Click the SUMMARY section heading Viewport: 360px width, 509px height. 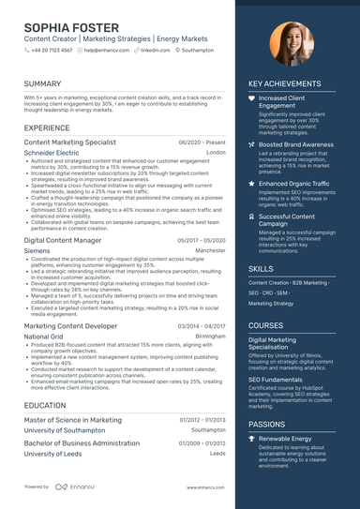pyautogui.click(x=43, y=83)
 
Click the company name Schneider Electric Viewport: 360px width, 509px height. pyautogui.click(x=52, y=152)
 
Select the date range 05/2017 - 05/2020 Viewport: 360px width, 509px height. pyautogui.click(x=202, y=240)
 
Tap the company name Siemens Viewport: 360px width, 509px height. pyautogui.click(x=37, y=251)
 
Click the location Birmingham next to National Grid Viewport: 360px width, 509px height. pyautogui.click(x=211, y=336)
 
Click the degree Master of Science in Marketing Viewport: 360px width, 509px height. pyautogui.click(x=72, y=420)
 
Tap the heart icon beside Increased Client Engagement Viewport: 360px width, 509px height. pyautogui.click(x=251, y=97)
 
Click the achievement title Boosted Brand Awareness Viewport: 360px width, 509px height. pyautogui.click(x=295, y=144)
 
